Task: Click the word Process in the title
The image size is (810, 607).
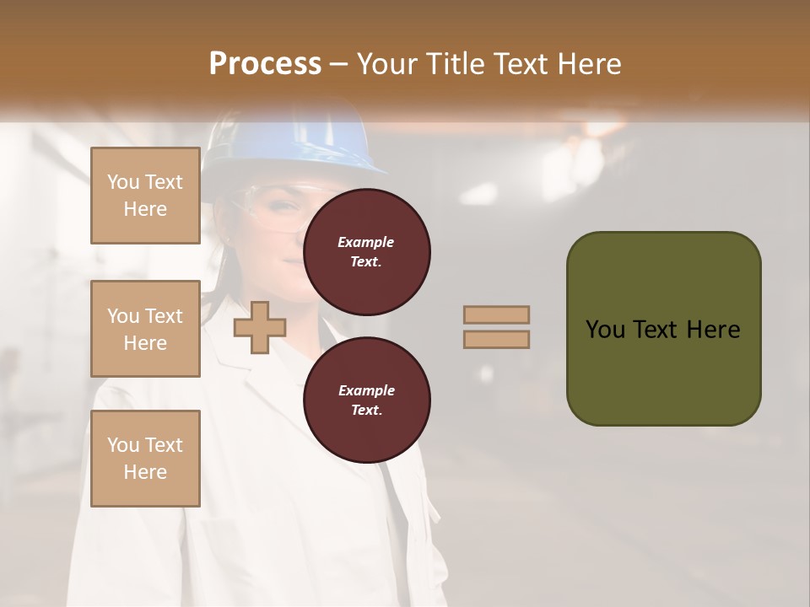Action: [x=265, y=63]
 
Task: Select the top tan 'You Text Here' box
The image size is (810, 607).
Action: [x=145, y=196]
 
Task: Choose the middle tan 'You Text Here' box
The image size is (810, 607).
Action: [x=145, y=329]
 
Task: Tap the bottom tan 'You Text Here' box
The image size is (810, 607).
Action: [x=145, y=459]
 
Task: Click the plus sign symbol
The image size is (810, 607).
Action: [x=259, y=327]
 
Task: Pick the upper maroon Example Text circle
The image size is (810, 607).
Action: [x=366, y=251]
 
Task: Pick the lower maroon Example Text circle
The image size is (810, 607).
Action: [x=366, y=400]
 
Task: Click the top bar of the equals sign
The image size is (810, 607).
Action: [x=496, y=314]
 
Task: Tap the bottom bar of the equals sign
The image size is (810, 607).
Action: [x=496, y=339]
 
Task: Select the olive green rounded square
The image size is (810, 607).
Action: [x=663, y=329]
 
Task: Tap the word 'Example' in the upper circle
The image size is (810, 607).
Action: [x=365, y=242]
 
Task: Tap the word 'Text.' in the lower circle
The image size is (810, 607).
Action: [x=365, y=410]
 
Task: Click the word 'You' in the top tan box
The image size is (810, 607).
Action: [x=123, y=182]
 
